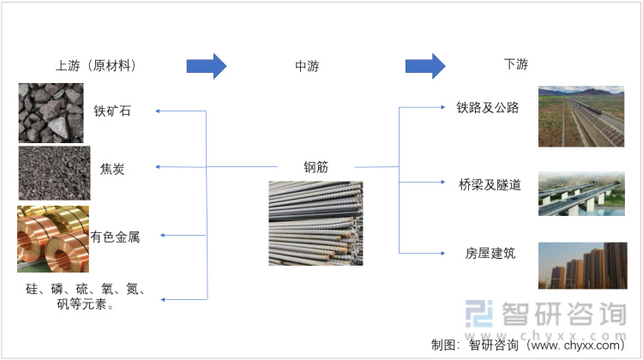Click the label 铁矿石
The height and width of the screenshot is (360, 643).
113,111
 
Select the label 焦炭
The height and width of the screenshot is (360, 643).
112,169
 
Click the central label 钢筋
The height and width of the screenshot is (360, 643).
315,166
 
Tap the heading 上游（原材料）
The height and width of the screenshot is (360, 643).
95,65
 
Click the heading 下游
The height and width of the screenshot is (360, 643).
516,65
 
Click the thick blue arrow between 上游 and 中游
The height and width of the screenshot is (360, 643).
206,65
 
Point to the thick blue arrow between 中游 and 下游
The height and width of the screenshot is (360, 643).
425,65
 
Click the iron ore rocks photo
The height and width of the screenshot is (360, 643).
52,112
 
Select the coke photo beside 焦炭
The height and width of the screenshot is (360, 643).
54,173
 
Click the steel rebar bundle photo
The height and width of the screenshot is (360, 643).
315,223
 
